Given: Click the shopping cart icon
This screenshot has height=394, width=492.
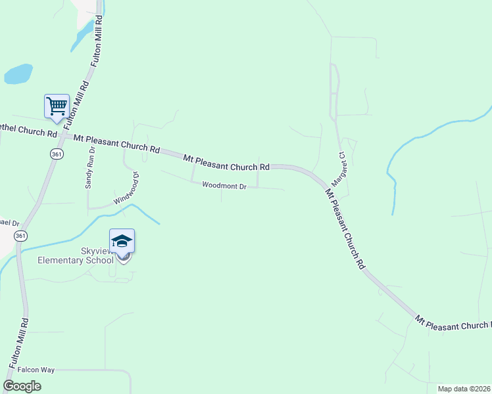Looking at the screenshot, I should [57, 106].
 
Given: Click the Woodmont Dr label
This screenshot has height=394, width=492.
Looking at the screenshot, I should [224, 186].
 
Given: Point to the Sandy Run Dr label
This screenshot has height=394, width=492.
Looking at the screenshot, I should [90, 168].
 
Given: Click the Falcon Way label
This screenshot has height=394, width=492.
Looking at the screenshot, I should [36, 370].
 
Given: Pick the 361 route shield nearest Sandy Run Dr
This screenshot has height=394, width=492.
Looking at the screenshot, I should [57, 153].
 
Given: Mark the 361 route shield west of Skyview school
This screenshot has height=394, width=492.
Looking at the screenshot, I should [21, 236].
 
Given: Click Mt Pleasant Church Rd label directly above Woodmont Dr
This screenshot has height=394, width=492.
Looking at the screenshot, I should [226, 163].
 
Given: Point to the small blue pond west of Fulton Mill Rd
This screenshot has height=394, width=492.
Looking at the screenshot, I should [18, 74].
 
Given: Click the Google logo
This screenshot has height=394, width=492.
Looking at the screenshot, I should [22, 385].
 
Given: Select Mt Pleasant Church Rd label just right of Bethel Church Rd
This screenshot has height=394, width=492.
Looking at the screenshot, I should [116, 143].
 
